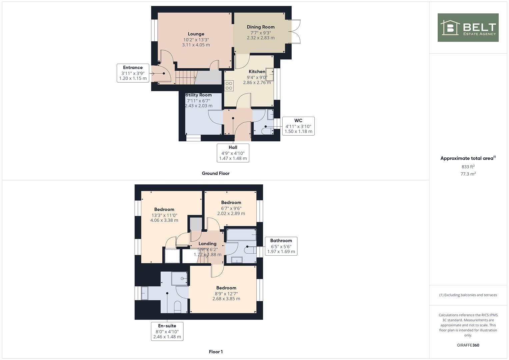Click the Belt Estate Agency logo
(x=468, y=28)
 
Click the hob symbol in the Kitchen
(x=229, y=86)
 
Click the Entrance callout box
(x=133, y=73)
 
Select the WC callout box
(x=298, y=126)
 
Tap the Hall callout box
(x=233, y=153)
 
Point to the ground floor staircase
(x=185, y=77)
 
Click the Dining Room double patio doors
(x=295, y=32)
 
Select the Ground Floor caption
(x=216, y=173)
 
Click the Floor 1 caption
(x=216, y=352)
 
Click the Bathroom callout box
(x=281, y=246)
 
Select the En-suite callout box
(x=167, y=331)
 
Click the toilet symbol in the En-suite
(x=177, y=307)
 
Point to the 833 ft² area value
(x=468, y=167)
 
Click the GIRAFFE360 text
(x=468, y=345)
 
